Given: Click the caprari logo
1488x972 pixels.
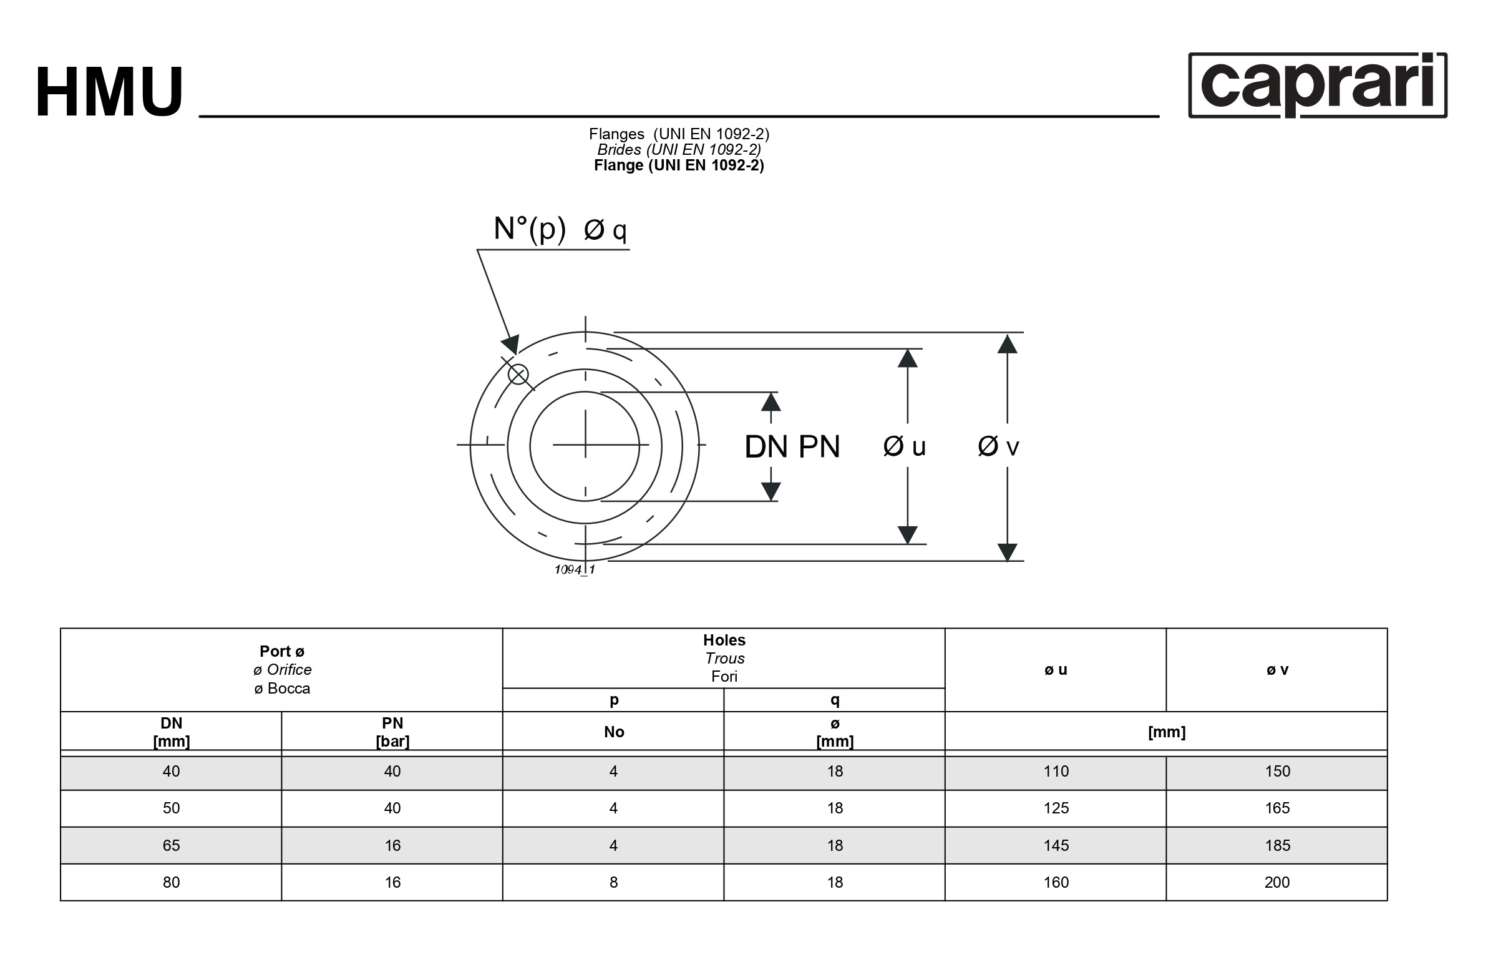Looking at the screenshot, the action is point(1317,85).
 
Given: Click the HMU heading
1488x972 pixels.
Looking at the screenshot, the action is point(109,92).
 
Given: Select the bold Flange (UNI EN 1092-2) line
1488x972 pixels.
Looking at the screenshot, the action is point(679,165).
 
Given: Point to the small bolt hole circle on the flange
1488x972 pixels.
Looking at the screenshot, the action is point(518,375).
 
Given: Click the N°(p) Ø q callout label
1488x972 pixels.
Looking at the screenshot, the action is point(560,229).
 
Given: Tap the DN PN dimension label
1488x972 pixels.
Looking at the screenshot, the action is point(792,446).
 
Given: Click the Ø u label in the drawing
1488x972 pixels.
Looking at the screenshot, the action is point(904,446).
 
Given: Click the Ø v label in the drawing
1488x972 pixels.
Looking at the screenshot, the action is point(998,446).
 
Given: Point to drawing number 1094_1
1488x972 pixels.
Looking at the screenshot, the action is point(575,570).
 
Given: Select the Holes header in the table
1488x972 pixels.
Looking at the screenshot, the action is point(724,640).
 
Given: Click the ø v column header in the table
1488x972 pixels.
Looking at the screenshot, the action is point(1276,670).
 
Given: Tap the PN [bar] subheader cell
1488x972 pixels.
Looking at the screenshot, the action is point(392,732).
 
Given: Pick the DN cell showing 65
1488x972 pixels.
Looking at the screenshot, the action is point(172,846).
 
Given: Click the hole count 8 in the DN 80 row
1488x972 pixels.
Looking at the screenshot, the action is point(613,883).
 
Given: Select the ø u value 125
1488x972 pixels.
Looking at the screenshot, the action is point(1056,808).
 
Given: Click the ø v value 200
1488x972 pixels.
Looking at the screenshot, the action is point(1276,883).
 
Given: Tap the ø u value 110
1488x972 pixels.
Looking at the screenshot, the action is point(1056,771).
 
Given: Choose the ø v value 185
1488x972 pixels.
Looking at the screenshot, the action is point(1277,846).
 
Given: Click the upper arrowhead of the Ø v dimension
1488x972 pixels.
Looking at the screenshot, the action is point(1007,343).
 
